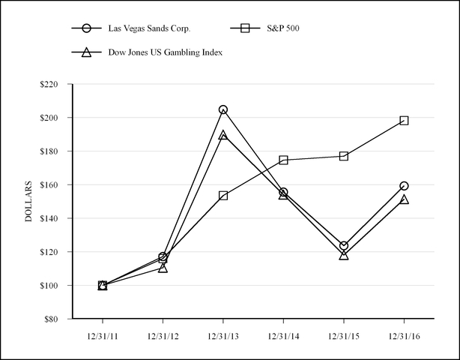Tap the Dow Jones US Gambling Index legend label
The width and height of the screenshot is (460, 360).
click(165, 52)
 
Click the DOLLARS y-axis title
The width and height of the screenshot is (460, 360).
click(28, 201)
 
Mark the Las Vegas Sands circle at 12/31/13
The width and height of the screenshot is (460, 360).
click(223, 109)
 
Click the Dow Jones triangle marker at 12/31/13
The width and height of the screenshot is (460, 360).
click(223, 136)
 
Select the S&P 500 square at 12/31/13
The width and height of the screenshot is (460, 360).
click(223, 195)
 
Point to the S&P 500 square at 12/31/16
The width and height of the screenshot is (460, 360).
click(404, 120)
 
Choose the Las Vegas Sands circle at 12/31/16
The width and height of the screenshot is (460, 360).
click(404, 185)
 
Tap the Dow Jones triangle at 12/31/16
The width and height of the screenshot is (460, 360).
click(404, 199)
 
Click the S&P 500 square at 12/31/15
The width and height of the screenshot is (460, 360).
click(344, 156)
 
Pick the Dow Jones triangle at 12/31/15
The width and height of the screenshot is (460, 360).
click(344, 255)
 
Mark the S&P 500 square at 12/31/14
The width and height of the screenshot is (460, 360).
click(283, 160)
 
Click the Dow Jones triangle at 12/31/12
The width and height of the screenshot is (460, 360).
click(163, 268)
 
